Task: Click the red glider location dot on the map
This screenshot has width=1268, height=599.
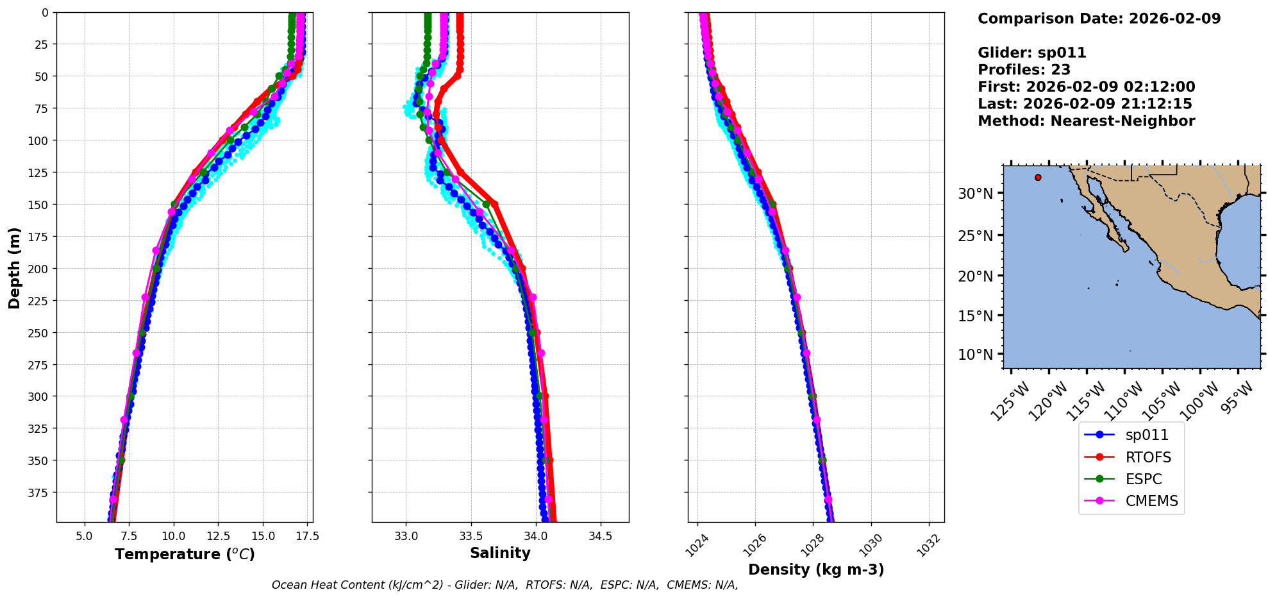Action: (1038, 178)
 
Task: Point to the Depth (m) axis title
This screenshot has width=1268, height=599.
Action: (14, 268)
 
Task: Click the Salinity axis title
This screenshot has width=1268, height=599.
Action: (500, 553)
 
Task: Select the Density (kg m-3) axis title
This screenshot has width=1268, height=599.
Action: (816, 569)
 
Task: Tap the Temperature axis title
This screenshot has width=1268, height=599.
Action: (185, 554)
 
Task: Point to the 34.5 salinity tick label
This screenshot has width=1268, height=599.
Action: (600, 536)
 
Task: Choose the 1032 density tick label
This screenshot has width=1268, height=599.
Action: (928, 545)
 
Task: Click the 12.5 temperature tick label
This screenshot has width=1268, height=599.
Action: (217, 536)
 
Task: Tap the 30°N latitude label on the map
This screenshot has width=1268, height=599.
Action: (975, 194)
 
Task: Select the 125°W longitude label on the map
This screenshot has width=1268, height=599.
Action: (1010, 401)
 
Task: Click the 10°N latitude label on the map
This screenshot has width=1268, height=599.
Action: (975, 355)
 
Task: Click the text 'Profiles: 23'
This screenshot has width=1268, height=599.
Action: (1024, 70)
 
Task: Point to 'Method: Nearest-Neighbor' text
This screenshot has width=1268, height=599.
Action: (1086, 121)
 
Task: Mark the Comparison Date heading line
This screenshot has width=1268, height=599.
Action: (1099, 19)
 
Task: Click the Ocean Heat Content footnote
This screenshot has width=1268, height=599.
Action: (505, 585)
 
